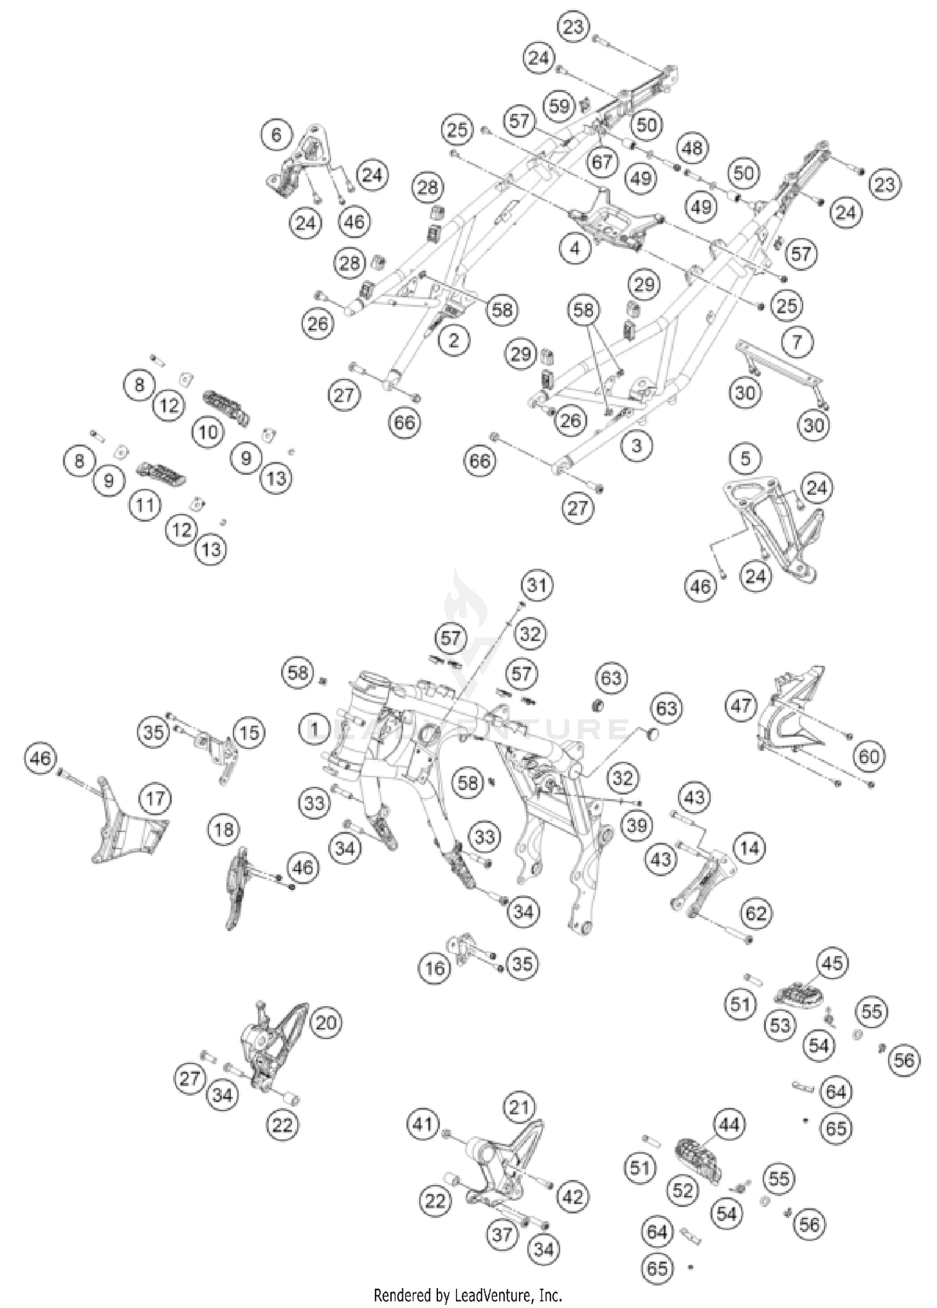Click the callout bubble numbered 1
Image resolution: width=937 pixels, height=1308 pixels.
click(x=315, y=729)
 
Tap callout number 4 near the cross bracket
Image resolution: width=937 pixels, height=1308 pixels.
click(x=575, y=249)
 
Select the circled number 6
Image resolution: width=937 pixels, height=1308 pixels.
click(x=277, y=134)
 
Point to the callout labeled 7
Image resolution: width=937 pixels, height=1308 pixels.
click(x=797, y=342)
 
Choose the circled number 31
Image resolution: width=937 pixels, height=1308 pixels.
click(x=537, y=586)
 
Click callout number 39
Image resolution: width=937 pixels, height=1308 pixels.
click(x=637, y=826)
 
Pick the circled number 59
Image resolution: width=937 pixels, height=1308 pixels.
click(x=560, y=105)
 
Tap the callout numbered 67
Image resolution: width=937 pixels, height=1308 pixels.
click(x=602, y=162)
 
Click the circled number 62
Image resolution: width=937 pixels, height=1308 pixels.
click(x=756, y=914)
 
